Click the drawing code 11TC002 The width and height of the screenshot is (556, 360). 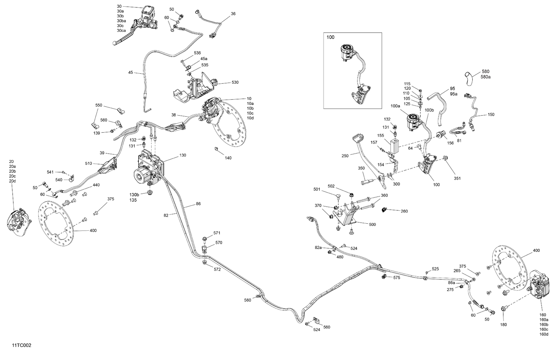(21, 345)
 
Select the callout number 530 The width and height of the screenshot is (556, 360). (235, 82)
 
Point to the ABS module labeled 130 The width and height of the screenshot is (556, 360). (148, 167)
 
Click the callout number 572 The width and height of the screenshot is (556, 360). (217, 269)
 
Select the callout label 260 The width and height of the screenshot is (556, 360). (404, 211)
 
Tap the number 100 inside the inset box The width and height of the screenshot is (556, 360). (330, 37)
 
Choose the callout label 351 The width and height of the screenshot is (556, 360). (457, 178)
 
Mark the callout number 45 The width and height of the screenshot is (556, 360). (130, 73)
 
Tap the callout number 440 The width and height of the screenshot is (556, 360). (96, 185)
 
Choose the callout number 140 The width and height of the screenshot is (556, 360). (228, 158)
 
